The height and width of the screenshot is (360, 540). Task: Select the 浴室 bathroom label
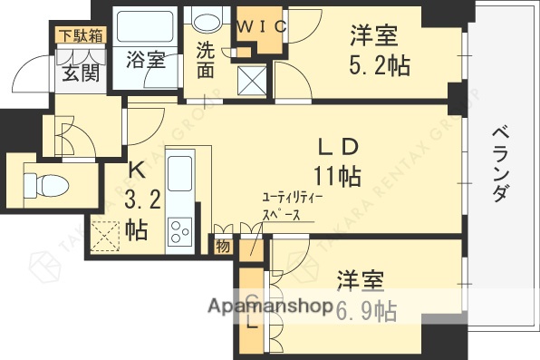point(145,62)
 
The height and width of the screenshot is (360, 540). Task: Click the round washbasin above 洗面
point(207,22)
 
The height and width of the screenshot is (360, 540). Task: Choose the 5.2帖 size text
point(375,65)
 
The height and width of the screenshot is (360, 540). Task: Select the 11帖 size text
point(338,174)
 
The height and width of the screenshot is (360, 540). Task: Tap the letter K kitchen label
point(135,169)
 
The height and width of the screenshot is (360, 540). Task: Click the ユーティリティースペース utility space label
point(292,207)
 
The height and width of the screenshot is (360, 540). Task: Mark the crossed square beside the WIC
point(249,80)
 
